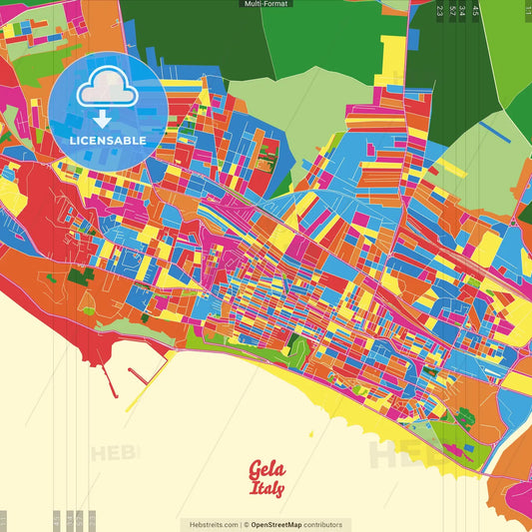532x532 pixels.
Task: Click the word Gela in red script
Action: point(266,469)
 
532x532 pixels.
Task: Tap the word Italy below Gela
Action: point(267,489)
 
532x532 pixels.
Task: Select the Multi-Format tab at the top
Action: point(266,4)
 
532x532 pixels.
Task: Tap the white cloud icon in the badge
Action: point(108,93)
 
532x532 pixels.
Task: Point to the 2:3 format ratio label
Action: point(440,11)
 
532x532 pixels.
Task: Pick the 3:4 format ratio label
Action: point(463,11)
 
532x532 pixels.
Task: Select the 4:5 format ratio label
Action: point(475,11)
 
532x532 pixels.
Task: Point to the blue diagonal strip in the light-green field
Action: point(493,129)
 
